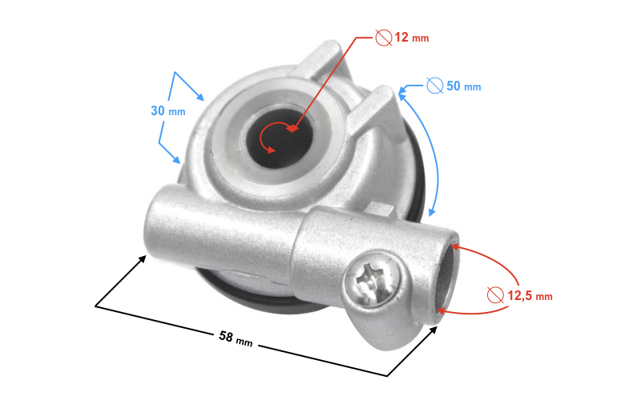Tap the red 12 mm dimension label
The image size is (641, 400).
412,38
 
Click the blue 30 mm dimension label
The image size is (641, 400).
168,111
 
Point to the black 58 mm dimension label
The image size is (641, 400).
236,338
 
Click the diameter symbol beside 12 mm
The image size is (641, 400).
384,38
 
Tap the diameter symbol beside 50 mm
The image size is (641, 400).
435,86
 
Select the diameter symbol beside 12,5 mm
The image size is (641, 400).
495,294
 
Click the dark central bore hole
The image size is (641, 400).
281,136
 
